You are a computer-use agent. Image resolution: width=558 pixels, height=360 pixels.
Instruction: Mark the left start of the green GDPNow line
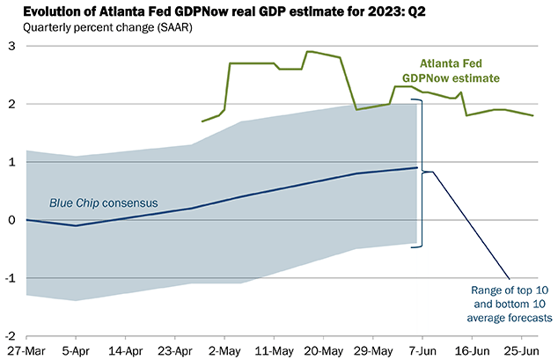coord(202,121)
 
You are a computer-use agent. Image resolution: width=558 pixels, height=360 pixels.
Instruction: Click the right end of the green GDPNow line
coord(532,115)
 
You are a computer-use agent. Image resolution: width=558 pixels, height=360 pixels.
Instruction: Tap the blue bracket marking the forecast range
coord(422,172)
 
